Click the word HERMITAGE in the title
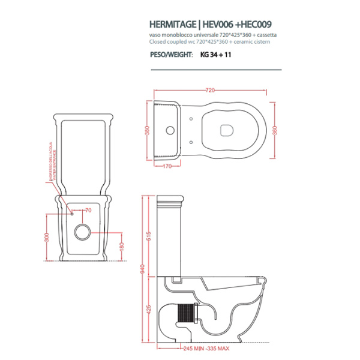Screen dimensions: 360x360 point(172,26)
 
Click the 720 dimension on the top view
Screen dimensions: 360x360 point(209,91)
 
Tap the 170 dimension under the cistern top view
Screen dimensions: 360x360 point(168,166)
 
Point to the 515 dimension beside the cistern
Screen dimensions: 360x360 point(148,236)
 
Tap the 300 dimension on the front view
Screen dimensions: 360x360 point(46,238)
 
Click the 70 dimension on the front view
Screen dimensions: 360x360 point(88,211)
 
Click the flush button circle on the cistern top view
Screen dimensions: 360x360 point(170,130)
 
